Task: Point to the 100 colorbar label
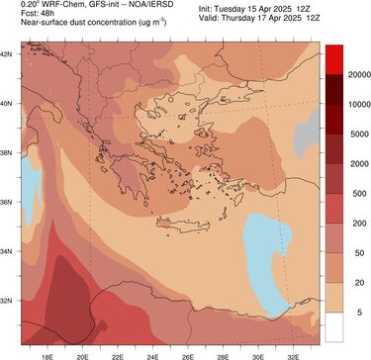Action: tap(351, 233)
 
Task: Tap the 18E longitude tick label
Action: tap(47, 350)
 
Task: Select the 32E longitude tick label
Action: tap(292, 350)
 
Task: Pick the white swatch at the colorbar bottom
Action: tap(333, 327)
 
